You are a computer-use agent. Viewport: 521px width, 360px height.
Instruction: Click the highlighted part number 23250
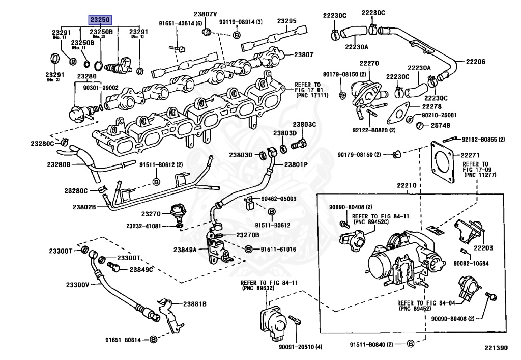(100, 20)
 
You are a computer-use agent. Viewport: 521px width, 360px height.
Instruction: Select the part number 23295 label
(287, 21)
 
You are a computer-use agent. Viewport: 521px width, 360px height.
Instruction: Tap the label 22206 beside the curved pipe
(476, 62)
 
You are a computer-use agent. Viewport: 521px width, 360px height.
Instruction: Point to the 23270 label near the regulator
(151, 214)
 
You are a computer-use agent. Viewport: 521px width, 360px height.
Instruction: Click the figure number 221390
(496, 348)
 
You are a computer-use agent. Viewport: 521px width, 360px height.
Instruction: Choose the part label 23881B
(195, 304)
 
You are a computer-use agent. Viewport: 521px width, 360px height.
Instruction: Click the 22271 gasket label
(470, 155)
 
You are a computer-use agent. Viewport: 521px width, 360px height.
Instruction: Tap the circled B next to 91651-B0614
(153, 340)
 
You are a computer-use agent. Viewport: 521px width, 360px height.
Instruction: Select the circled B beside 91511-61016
(248, 249)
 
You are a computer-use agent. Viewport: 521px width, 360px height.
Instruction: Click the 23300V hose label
(77, 285)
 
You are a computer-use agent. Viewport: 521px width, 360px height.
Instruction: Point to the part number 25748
(441, 125)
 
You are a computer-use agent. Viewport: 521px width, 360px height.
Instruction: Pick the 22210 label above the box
(407, 185)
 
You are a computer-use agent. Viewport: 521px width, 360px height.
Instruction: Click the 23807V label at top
(206, 14)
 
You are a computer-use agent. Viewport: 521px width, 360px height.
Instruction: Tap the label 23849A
(185, 250)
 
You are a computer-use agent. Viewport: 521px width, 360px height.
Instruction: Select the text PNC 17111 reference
(312, 95)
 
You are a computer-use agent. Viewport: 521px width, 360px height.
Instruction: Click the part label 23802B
(84, 207)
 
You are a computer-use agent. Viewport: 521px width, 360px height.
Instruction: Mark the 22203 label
(483, 247)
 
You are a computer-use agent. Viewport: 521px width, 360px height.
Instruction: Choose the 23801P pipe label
(296, 164)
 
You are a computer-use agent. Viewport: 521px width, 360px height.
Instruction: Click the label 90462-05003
(279, 199)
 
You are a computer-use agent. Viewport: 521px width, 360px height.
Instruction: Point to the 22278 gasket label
(432, 106)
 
